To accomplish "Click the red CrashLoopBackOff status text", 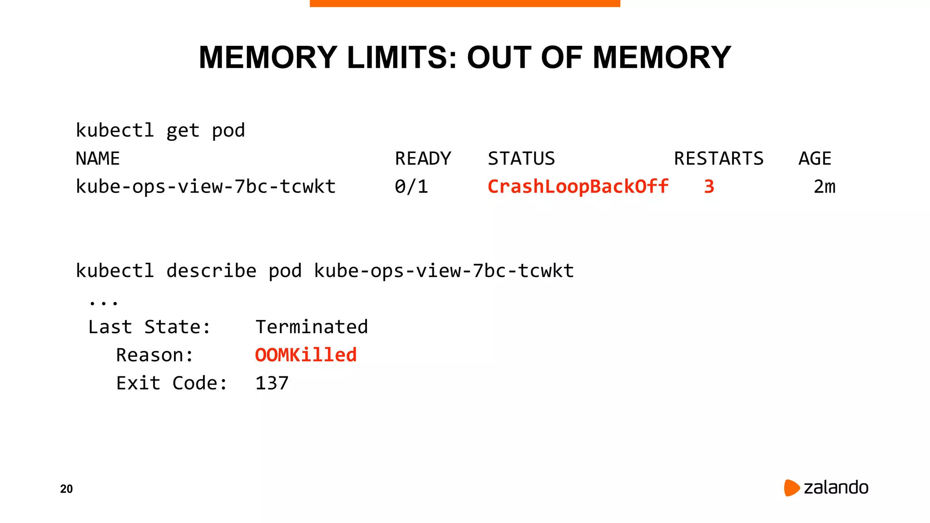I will [x=578, y=187].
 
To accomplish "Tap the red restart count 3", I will [x=709, y=187].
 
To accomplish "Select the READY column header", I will [x=423, y=158].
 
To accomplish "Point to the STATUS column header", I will [x=521, y=158].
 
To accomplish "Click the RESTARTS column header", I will [x=718, y=158].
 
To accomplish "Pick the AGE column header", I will [x=815, y=158].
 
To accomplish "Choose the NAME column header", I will [x=98, y=158].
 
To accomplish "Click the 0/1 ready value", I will [x=411, y=187].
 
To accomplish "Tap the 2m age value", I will [x=824, y=187].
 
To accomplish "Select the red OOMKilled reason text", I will [x=306, y=355].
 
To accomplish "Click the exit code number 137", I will [x=272, y=383].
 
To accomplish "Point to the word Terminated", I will [x=312, y=327].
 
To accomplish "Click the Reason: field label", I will [x=154, y=355].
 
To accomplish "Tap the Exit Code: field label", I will [x=171, y=383].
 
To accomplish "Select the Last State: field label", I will [x=149, y=327].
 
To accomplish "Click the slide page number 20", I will [x=66, y=489].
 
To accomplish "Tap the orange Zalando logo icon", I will [x=791, y=488].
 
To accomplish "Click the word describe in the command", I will [x=211, y=271].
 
